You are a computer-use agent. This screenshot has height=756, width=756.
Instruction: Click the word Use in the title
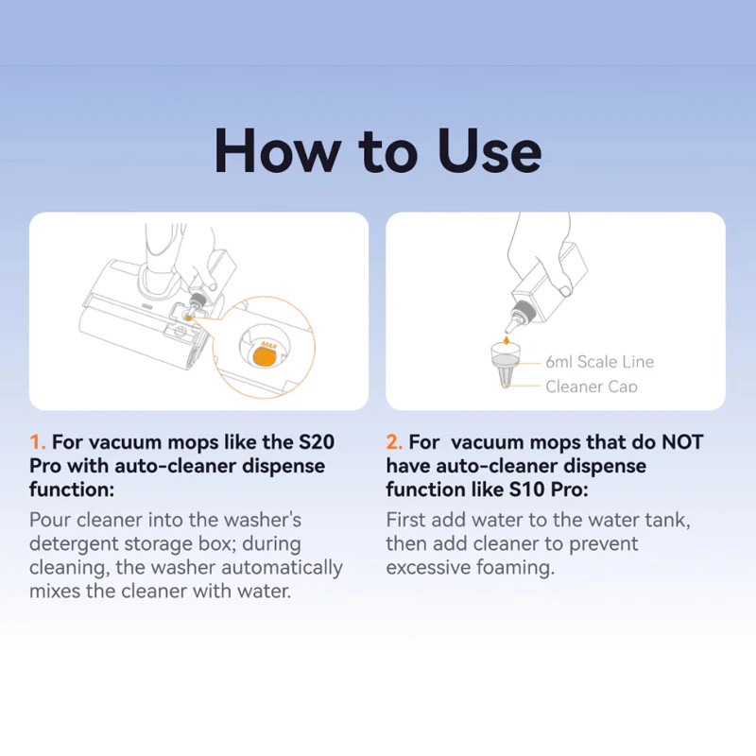pyautogui.click(x=489, y=150)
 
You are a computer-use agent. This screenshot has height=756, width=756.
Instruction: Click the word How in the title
pyautogui.click(x=276, y=150)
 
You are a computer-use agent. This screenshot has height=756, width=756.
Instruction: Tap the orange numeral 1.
pyautogui.click(x=37, y=442)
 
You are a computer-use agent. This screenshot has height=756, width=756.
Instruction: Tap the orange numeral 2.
pyautogui.click(x=394, y=442)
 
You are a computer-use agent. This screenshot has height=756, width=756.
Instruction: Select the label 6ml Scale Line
pyautogui.click(x=599, y=362)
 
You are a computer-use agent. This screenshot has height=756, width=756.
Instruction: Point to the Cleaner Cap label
pyautogui.click(x=592, y=387)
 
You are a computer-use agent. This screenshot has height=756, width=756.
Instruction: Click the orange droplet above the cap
pyautogui.click(x=506, y=341)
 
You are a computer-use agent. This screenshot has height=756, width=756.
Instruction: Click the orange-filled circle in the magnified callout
pyautogui.click(x=266, y=357)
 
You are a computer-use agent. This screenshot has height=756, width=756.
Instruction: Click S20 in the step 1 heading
pyautogui.click(x=317, y=442)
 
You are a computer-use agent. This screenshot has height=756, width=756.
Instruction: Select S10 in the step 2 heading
pyautogui.click(x=527, y=490)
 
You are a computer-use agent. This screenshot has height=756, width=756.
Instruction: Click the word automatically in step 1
pyautogui.click(x=282, y=568)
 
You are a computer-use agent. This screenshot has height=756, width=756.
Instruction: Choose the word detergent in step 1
pyautogui.click(x=74, y=544)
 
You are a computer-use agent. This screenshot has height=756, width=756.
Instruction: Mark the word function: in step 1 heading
pyautogui.click(x=72, y=490)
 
